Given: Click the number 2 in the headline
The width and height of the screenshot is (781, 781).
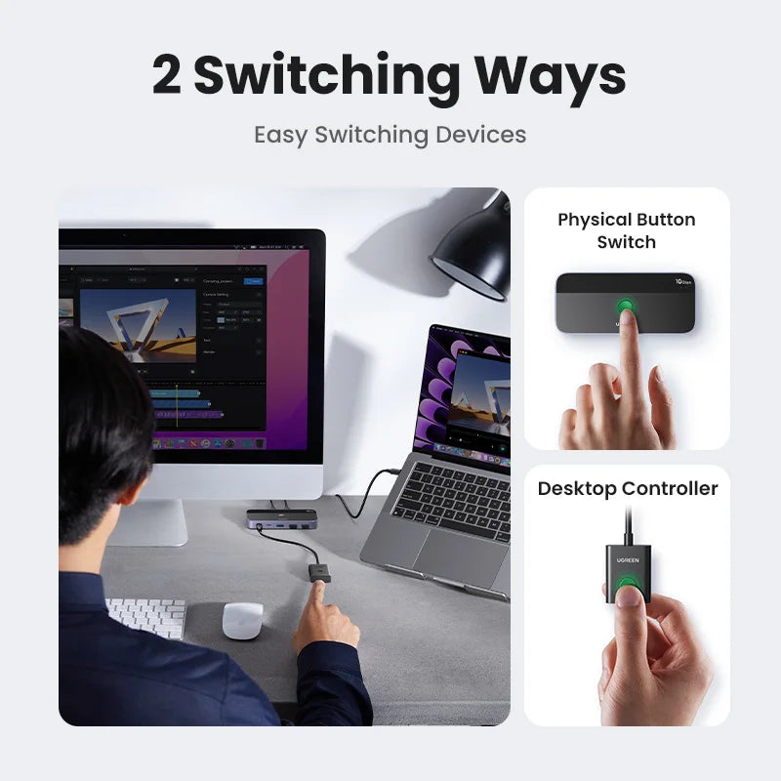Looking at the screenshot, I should coord(167,76).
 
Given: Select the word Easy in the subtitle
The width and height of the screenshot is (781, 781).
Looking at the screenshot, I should coord(281,135).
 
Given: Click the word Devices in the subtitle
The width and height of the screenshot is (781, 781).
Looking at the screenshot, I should coord(481,135).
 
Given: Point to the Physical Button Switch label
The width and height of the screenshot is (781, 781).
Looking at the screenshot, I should coord(627,230).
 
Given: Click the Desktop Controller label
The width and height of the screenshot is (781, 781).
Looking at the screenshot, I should coord(628,488).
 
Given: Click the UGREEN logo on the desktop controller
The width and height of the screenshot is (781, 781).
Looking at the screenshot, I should coord(628,558).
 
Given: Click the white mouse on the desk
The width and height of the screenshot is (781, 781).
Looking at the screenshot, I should coord(242,620).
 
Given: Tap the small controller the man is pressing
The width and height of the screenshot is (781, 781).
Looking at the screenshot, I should coord(319,571).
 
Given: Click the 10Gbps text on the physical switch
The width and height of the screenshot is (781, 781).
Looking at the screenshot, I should coord(682,282).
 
